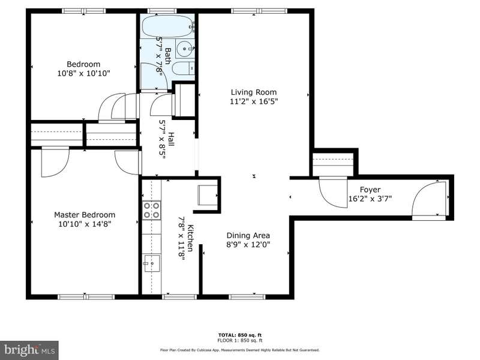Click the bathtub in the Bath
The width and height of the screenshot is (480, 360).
(x=168, y=26)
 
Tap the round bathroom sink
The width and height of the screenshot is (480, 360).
(x=185, y=49)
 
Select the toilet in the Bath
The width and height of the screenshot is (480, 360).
(x=183, y=68)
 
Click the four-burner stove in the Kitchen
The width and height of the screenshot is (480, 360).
(x=152, y=211)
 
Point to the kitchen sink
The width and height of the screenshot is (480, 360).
(x=152, y=263)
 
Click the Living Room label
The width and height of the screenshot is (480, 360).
(x=253, y=92)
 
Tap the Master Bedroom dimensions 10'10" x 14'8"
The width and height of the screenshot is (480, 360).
(x=85, y=224)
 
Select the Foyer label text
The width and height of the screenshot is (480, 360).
(x=370, y=190)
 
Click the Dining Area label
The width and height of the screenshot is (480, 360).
(x=248, y=235)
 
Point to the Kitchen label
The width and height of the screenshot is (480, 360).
(x=190, y=238)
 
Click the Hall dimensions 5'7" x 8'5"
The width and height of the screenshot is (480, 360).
(x=162, y=139)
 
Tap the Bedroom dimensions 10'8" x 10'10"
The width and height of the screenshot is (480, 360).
(x=83, y=73)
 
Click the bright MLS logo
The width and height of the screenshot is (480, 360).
(x=29, y=350)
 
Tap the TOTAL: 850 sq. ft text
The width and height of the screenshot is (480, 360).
(x=240, y=335)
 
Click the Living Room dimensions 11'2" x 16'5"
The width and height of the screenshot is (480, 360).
(x=254, y=101)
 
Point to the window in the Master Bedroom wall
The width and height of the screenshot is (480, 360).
(x=86, y=296)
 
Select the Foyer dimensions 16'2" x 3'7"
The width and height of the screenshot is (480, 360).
(x=370, y=199)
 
